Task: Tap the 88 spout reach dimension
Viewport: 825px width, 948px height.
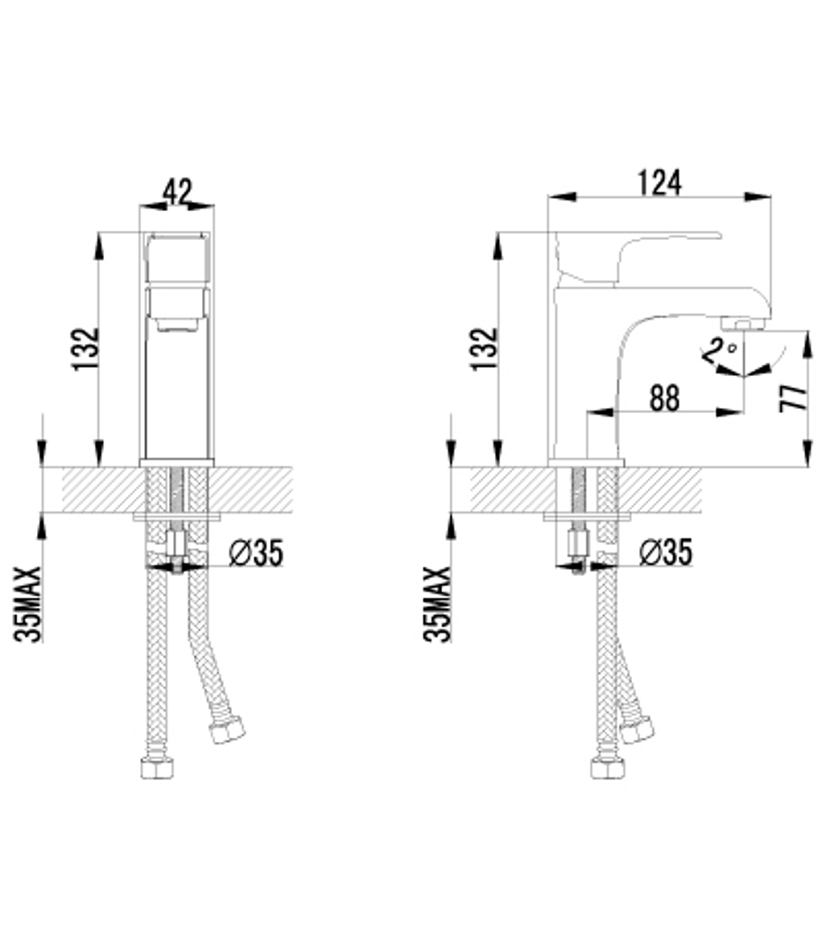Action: pos(664,398)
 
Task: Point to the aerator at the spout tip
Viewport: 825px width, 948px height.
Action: pos(745,324)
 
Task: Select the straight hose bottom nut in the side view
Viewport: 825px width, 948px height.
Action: pos(606,768)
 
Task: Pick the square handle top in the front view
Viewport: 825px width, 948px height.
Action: pos(177,258)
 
